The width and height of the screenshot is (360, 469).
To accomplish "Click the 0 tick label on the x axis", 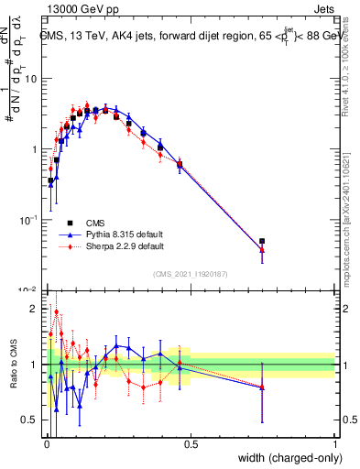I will (46, 444).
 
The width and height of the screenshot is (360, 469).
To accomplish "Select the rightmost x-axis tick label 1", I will (334, 444).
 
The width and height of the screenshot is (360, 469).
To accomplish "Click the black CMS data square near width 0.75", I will (262, 242).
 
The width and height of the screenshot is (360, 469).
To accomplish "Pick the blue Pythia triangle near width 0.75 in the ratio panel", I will (262, 387).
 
